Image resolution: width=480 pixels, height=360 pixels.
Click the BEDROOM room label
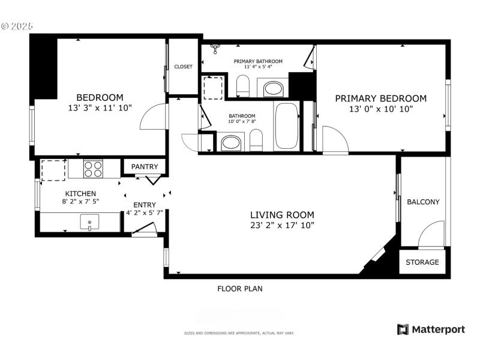click(x=100, y=97)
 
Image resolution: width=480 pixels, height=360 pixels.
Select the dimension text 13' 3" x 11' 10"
click(x=100, y=108)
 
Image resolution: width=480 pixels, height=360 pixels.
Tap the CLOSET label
click(x=183, y=67)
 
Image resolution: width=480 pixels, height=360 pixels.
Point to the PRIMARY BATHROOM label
click(x=258, y=61)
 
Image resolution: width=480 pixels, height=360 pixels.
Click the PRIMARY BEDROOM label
click(x=380, y=98)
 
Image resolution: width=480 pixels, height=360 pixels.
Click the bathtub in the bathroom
click(x=286, y=127)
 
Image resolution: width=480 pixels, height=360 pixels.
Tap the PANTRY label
click(x=145, y=167)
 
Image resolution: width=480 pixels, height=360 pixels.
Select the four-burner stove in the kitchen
click(x=92, y=169)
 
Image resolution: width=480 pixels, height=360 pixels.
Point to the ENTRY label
click(x=144, y=205)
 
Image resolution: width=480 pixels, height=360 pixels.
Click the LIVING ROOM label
click(x=282, y=215)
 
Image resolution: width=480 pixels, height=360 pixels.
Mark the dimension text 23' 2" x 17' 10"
click(x=282, y=225)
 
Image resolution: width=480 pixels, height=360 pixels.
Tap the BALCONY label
click(x=423, y=202)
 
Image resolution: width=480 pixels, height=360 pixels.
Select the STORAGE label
click(x=422, y=262)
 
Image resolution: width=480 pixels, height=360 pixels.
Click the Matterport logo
click(x=431, y=329)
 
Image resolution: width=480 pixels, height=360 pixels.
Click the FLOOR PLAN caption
click(x=239, y=289)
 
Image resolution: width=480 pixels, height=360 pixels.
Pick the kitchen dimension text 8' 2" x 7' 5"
click(x=80, y=202)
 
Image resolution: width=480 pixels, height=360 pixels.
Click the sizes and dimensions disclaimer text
click(x=239, y=333)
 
